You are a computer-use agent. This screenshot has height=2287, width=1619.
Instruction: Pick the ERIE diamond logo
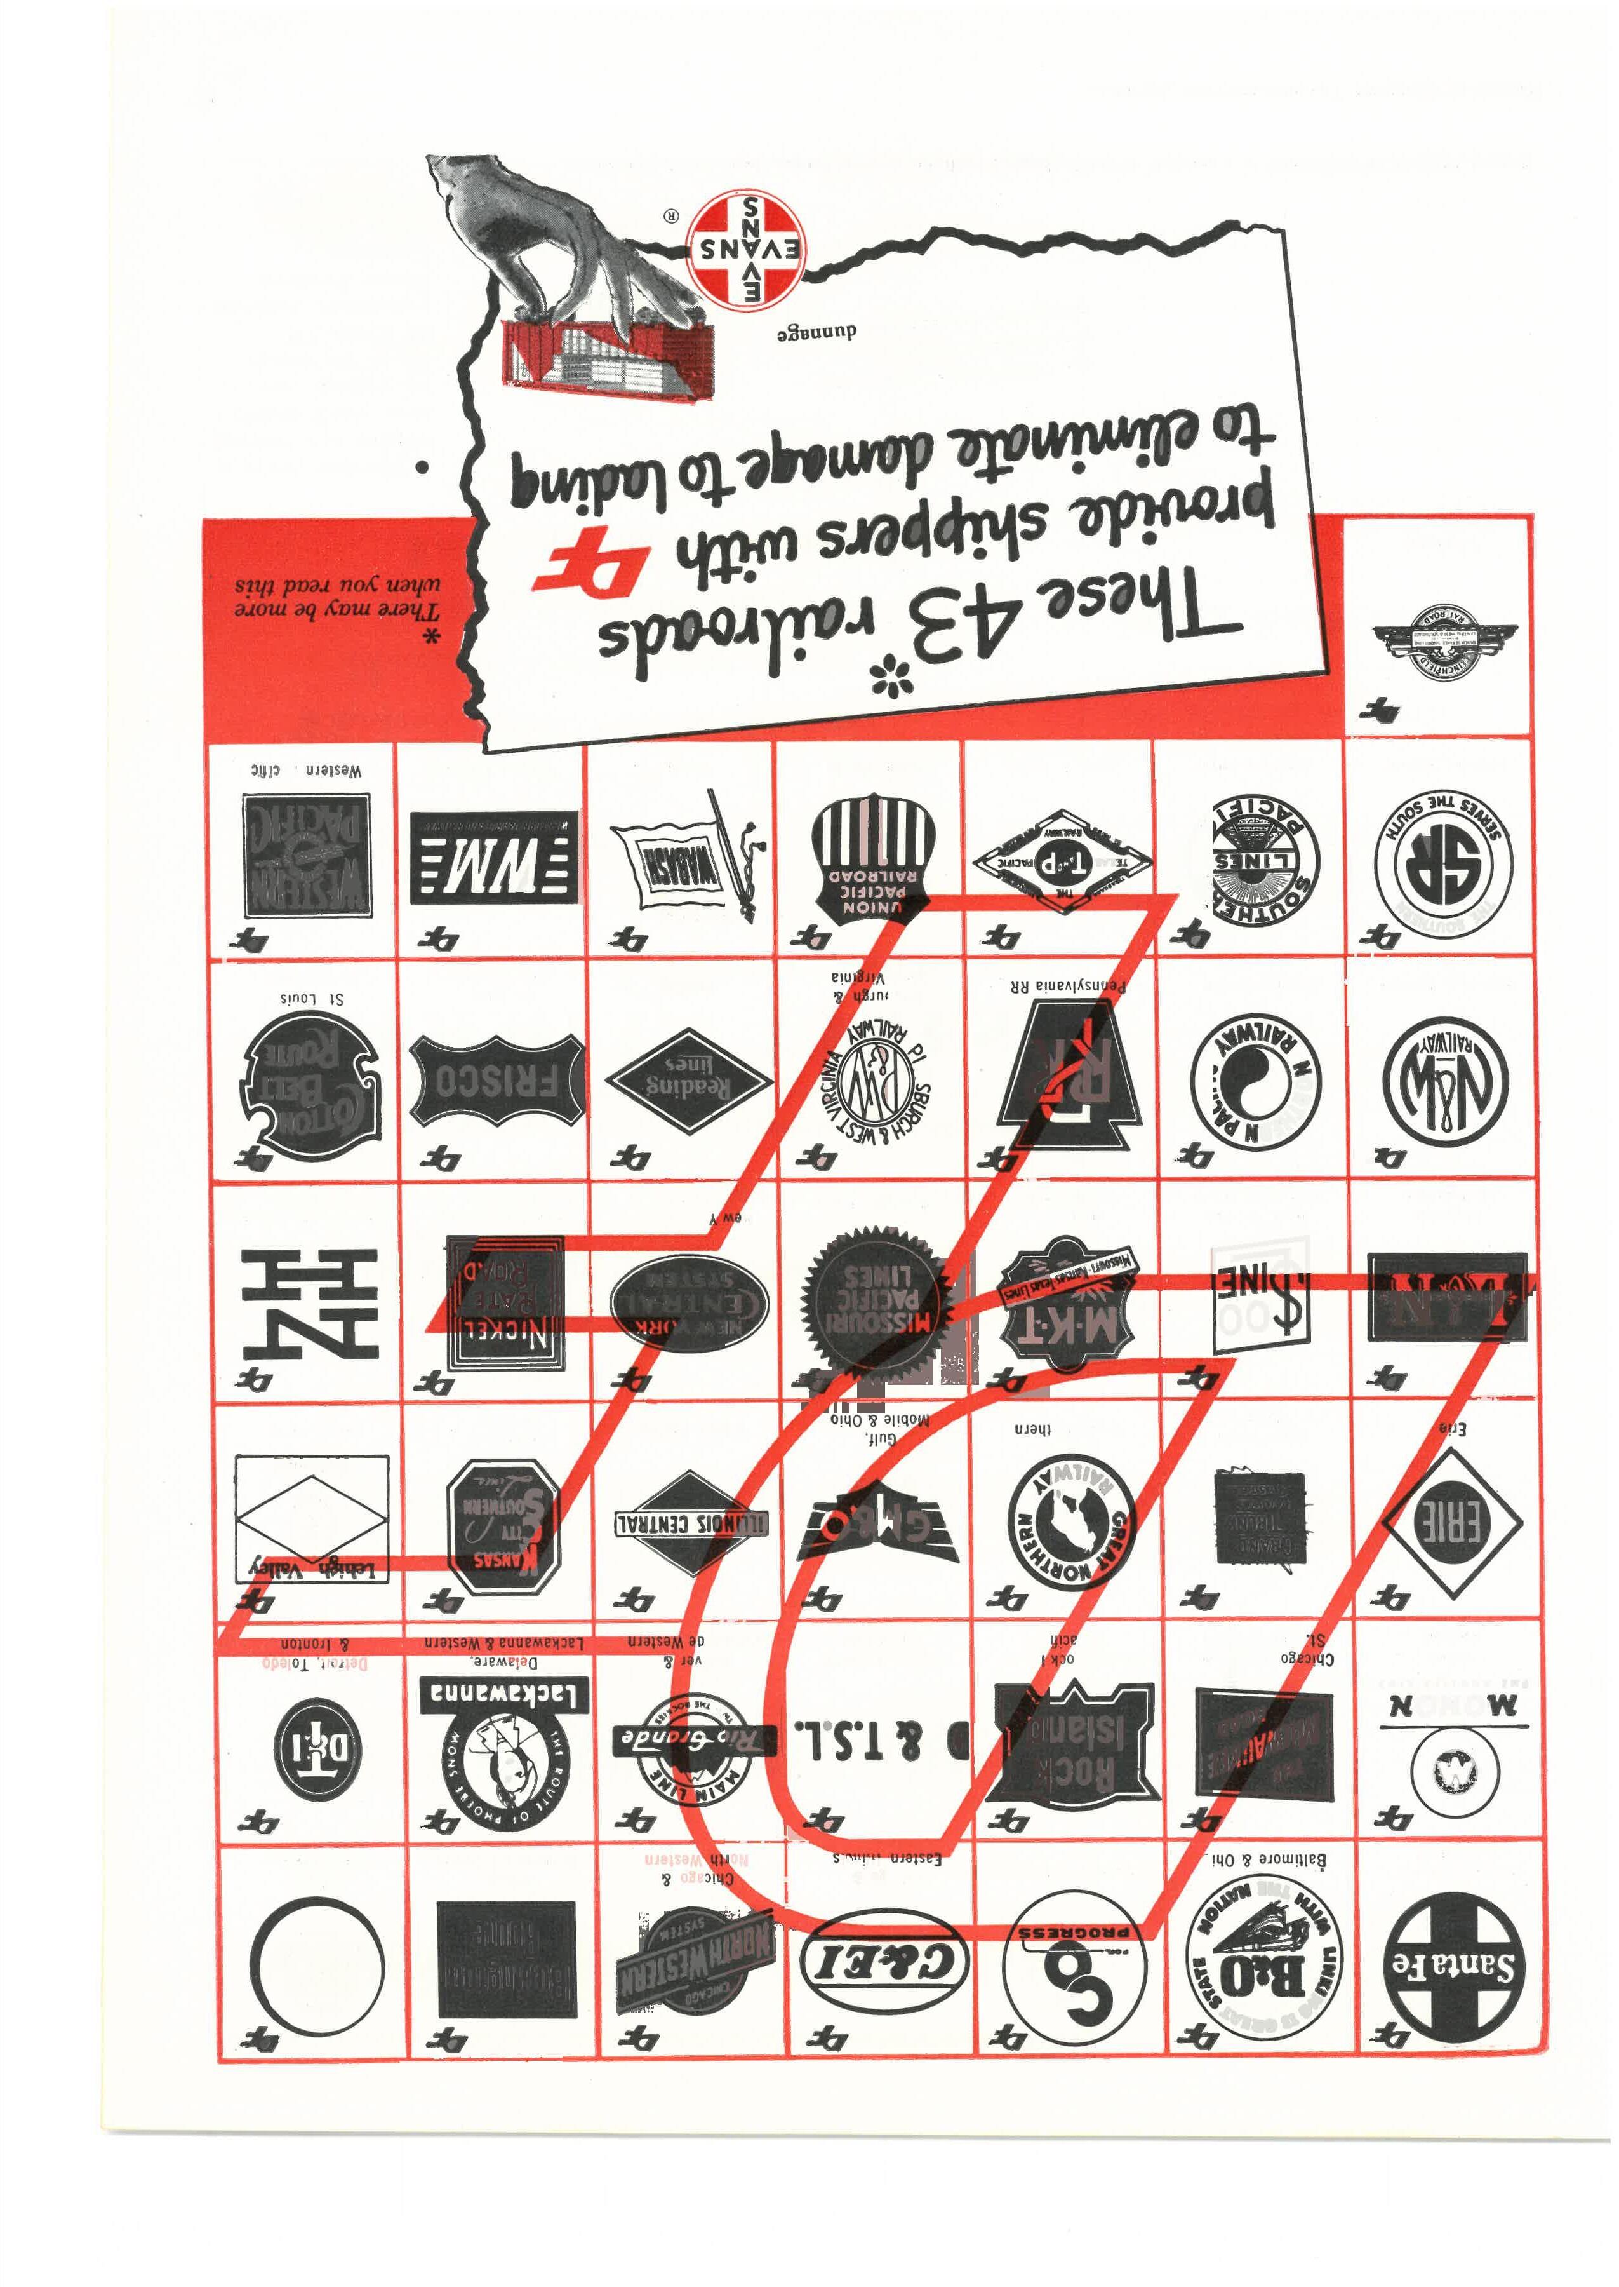click(x=1451, y=1523)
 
